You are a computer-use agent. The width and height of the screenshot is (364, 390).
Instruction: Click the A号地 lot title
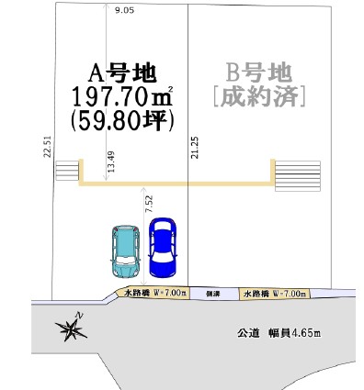(122, 73)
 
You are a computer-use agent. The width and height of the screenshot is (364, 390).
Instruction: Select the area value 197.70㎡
(122, 96)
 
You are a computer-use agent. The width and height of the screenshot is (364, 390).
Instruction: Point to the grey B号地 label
(259, 73)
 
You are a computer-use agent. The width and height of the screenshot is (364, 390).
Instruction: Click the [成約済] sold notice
(259, 96)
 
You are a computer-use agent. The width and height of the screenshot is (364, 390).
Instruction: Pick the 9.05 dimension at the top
(124, 10)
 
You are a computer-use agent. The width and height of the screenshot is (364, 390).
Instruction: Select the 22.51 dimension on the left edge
(47, 147)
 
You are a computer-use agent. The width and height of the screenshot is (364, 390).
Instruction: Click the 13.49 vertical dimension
(111, 162)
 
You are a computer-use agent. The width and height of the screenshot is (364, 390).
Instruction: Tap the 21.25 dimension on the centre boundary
(195, 148)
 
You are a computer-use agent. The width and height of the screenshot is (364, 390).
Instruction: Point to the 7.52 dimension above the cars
(149, 205)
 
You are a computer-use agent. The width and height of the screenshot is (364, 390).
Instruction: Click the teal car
(125, 251)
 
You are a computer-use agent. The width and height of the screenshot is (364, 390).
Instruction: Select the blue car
(163, 248)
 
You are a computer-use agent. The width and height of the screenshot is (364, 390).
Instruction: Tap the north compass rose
(72, 327)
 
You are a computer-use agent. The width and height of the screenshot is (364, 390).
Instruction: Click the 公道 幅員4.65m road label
(279, 333)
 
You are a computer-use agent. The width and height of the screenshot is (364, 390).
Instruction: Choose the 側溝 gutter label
(213, 294)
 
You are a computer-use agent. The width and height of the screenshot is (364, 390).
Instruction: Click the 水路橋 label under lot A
(155, 293)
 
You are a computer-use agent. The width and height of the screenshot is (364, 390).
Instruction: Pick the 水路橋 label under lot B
(275, 294)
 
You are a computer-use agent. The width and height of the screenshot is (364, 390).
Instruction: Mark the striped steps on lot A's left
(67, 171)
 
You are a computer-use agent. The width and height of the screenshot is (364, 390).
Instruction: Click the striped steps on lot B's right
(298, 176)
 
